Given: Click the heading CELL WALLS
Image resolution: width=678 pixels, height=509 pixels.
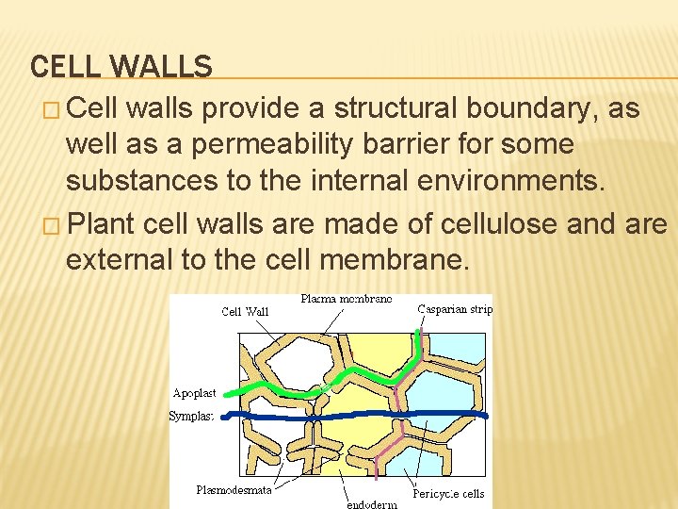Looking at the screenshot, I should tap(121, 66).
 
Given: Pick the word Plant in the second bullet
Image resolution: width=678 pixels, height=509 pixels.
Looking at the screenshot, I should tap(103, 225).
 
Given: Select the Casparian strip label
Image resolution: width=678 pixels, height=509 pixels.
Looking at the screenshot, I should tap(455, 308).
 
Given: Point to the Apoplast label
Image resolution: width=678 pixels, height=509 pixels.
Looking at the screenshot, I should tap(194, 392).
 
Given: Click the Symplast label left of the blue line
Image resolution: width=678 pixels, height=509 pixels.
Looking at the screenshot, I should tap(191, 416).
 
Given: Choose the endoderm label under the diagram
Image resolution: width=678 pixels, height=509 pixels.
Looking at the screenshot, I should tap(372, 503).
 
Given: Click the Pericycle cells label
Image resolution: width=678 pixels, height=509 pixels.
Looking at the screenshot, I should tap(448, 493).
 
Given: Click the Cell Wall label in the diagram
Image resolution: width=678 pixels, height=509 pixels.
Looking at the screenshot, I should tap(245, 311).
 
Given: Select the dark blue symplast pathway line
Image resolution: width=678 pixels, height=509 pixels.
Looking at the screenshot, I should tap(358, 415).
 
